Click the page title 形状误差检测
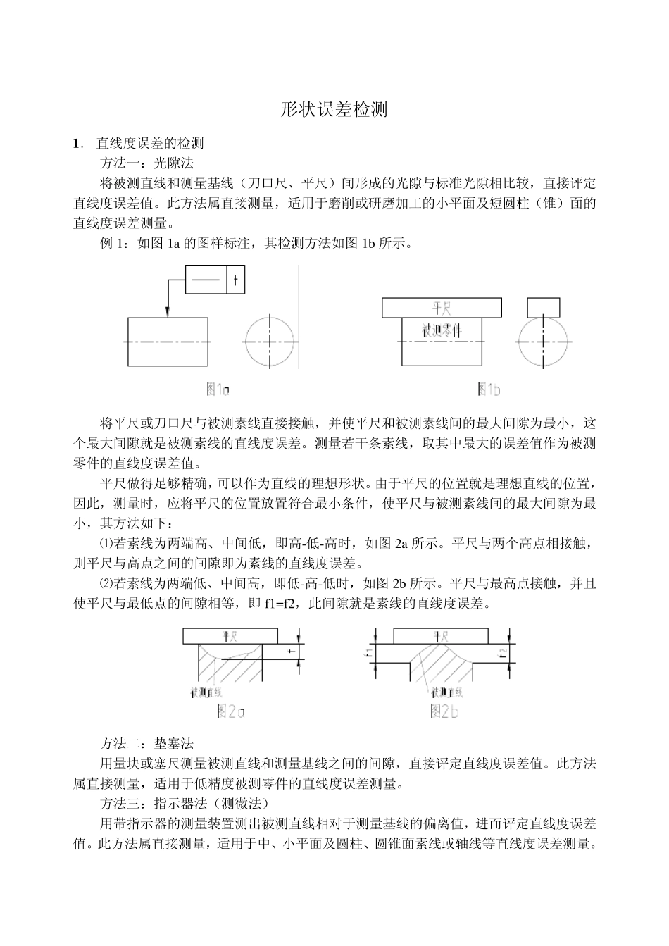tap(334, 110)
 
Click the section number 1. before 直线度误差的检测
tap(77, 144)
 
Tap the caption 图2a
tap(232, 711)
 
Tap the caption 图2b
tap(444, 711)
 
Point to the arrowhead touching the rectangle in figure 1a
tap(168, 312)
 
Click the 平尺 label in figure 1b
tap(442, 308)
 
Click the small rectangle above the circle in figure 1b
tap(543, 308)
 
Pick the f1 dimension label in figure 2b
tap(370, 653)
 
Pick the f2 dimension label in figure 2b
tap(503, 653)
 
